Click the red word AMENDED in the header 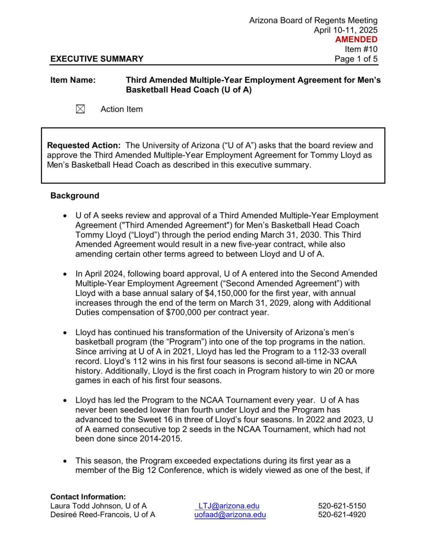coord(356,40)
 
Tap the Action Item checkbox coord(80,109)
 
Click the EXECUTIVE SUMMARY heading coord(97,59)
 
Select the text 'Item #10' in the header coord(361,49)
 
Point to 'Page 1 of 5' coord(356,59)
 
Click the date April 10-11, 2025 coord(345,30)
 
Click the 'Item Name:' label coord(73,80)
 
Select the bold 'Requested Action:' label coord(84,145)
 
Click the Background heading coord(75,195)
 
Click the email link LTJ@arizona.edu coord(229,506)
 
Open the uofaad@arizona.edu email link coord(230,515)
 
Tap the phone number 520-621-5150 coord(342,506)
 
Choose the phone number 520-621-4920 coord(342,515)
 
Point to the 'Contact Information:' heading coord(88,497)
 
